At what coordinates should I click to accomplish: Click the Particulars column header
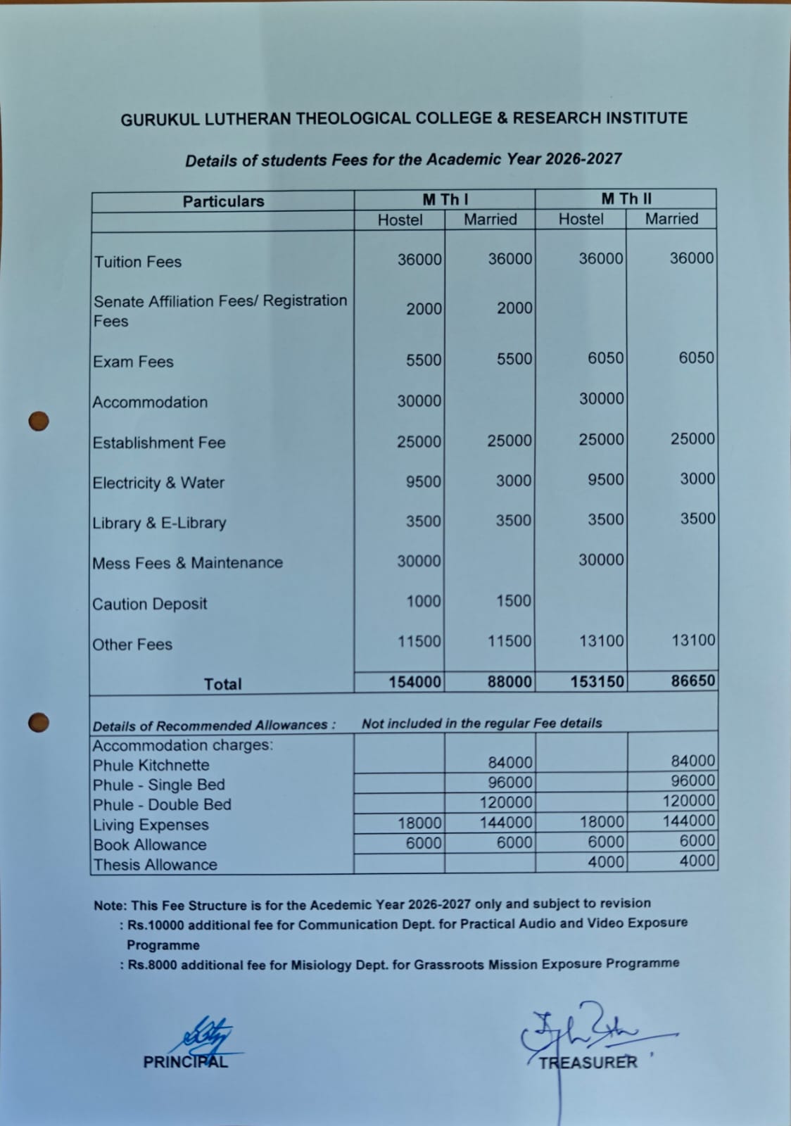(223, 201)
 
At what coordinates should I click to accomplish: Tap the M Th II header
(626, 199)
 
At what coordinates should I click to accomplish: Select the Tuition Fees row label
(137, 262)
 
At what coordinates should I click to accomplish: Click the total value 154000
(415, 682)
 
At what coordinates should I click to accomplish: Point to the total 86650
(692, 681)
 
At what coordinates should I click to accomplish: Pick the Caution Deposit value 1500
(513, 601)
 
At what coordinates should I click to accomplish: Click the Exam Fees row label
(133, 362)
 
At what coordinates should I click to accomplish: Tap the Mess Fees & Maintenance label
(187, 563)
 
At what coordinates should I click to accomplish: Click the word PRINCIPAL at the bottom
(185, 1062)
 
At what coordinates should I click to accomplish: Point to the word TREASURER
(588, 1063)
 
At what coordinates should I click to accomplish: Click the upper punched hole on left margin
(39, 421)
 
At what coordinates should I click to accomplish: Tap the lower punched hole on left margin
(39, 722)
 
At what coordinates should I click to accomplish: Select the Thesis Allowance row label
(155, 865)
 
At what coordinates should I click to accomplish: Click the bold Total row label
(222, 684)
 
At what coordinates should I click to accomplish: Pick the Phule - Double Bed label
(162, 805)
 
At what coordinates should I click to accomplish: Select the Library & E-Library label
(159, 523)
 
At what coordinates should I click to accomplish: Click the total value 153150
(597, 681)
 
